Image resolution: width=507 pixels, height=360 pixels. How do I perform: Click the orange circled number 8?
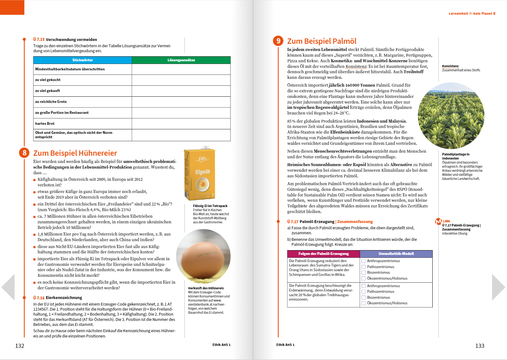(x=24, y=153)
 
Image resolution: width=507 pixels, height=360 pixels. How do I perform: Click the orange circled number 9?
(x=278, y=41)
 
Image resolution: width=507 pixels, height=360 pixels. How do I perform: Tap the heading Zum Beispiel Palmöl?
(x=322, y=41)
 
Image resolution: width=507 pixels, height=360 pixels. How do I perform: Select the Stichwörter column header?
(x=83, y=60)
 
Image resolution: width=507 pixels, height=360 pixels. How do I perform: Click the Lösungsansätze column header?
(x=181, y=60)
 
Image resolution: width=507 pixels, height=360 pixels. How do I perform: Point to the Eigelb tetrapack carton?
(x=200, y=173)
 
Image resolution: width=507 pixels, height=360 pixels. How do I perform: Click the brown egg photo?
(x=203, y=256)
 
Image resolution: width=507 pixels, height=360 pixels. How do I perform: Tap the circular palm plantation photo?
(x=451, y=116)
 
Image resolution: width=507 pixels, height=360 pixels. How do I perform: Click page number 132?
(x=20, y=346)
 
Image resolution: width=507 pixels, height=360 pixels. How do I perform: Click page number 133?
(x=479, y=346)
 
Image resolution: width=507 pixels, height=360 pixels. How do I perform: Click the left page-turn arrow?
(x=8, y=287)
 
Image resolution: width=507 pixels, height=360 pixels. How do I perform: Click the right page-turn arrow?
(x=498, y=287)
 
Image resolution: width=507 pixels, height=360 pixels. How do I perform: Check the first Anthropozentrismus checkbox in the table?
(x=363, y=261)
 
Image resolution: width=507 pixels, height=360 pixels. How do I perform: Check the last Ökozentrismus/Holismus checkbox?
(x=363, y=303)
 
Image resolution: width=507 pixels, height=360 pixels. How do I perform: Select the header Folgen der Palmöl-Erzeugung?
(x=323, y=254)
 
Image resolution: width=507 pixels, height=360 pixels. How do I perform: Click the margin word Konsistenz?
(x=450, y=66)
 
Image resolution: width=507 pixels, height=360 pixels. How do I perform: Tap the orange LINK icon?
(x=439, y=221)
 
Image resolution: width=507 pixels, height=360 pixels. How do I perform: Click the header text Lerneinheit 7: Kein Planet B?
(x=472, y=13)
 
